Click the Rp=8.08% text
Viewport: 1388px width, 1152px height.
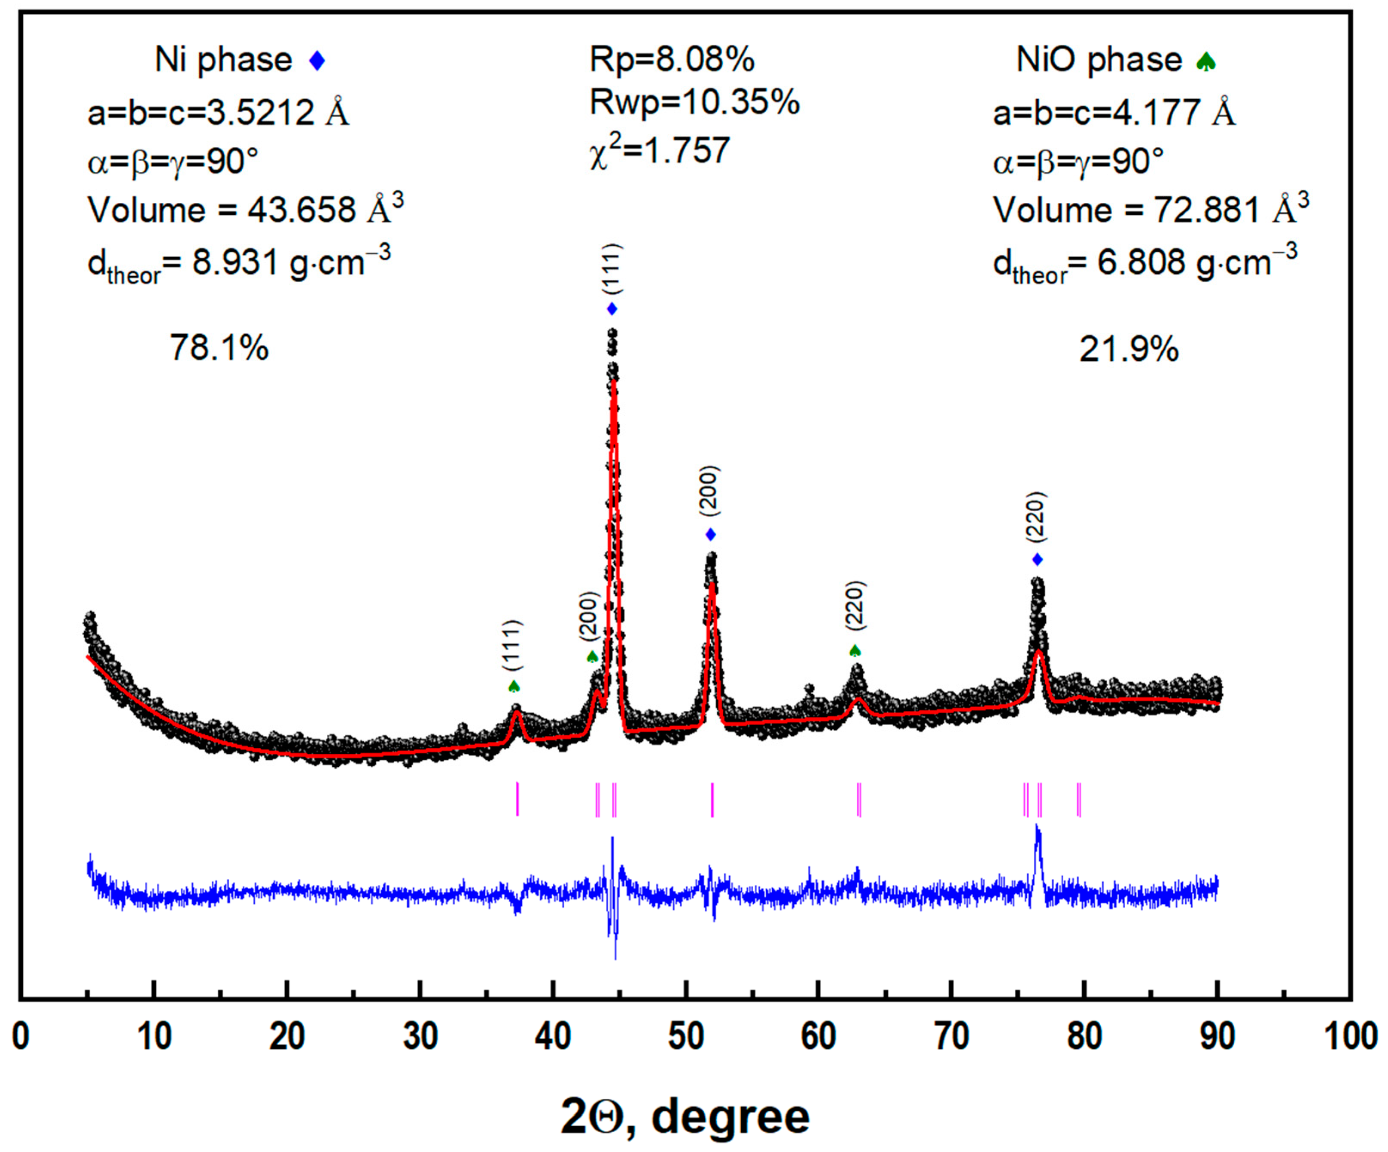(x=672, y=60)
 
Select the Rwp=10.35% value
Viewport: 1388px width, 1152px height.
(x=694, y=103)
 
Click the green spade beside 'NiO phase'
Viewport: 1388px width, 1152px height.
(x=1205, y=61)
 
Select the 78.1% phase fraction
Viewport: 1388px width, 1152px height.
(x=219, y=347)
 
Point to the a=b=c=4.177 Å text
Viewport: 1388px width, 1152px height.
(x=1114, y=113)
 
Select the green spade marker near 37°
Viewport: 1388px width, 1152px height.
(x=514, y=687)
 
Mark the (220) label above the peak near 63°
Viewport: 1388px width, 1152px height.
(x=855, y=605)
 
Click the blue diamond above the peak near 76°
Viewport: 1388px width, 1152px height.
(x=1038, y=560)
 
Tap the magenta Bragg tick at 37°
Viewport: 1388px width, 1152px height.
(x=517, y=799)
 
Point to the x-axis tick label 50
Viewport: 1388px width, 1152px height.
(x=686, y=1036)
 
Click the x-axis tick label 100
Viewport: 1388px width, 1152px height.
(x=1351, y=1036)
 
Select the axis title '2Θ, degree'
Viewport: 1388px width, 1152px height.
(x=685, y=1117)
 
